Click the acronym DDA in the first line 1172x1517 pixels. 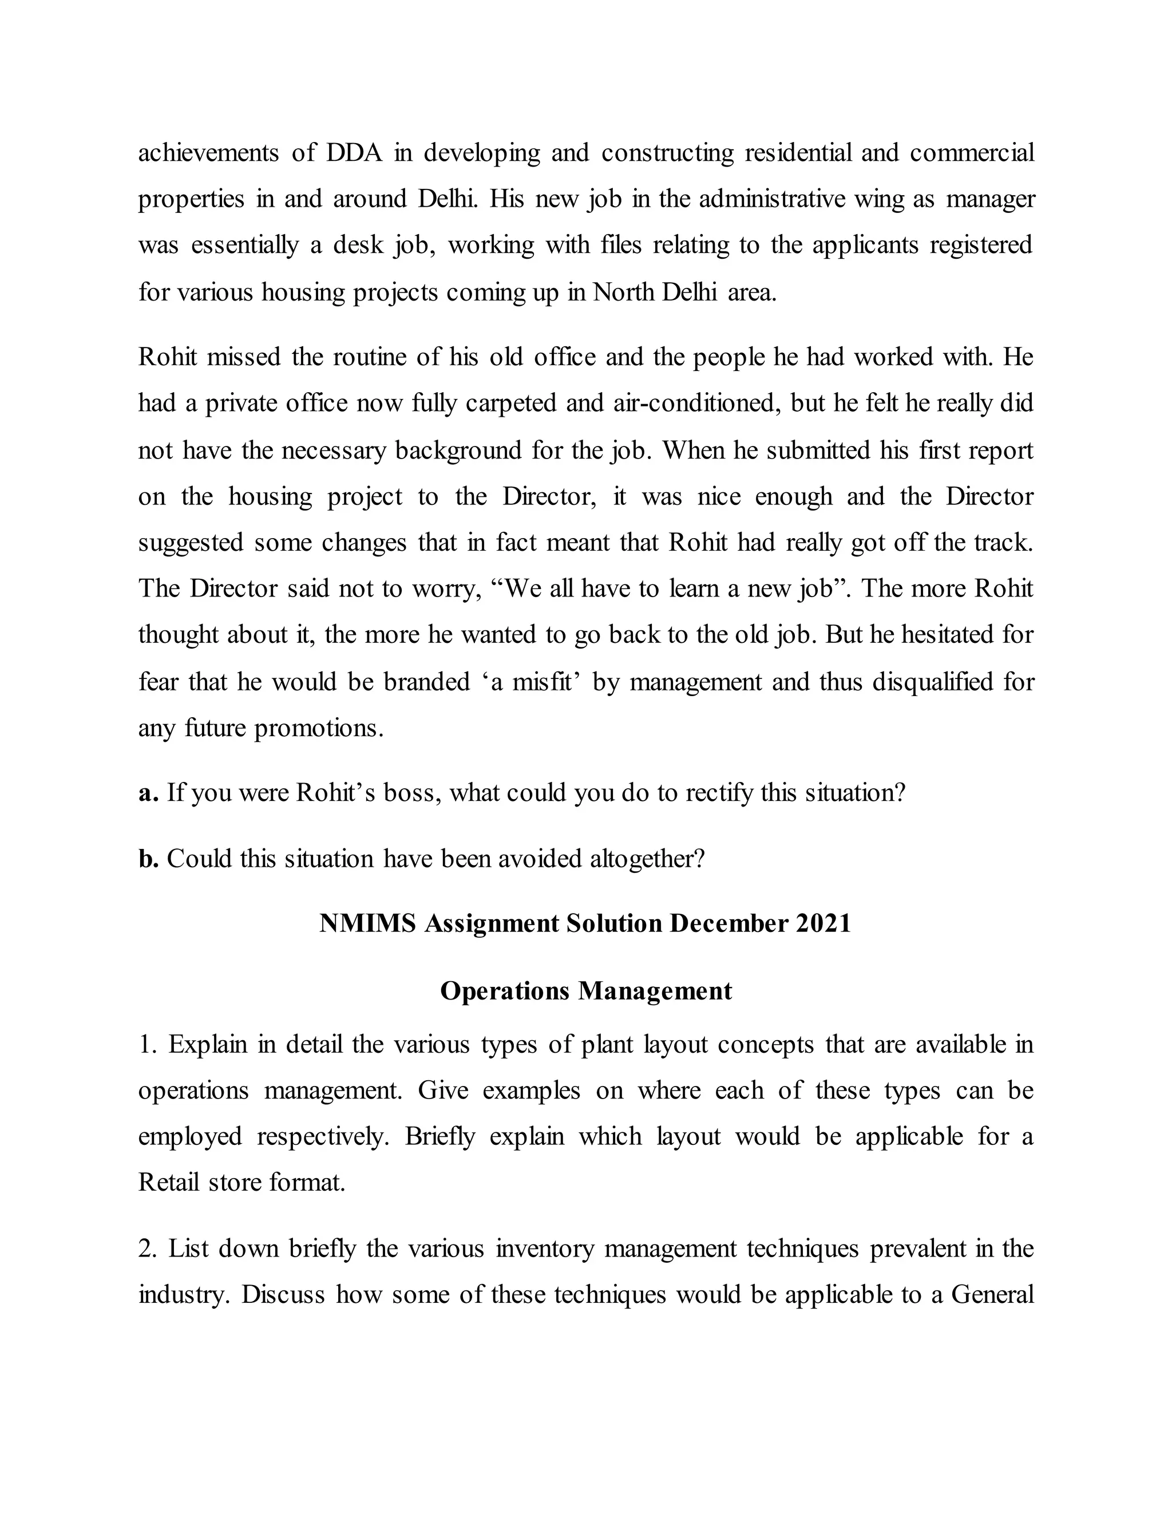click(x=354, y=152)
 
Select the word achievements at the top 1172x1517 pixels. click(x=208, y=152)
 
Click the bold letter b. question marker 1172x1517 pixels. click(x=149, y=859)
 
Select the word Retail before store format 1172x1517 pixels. click(x=169, y=1182)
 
